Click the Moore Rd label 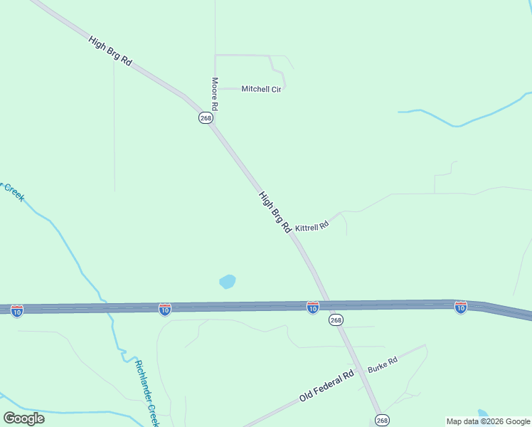click(x=214, y=93)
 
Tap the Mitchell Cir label click(x=262, y=89)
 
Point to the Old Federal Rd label click(x=326, y=386)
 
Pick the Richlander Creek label click(x=146, y=391)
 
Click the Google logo click(x=23, y=418)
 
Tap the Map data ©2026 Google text click(x=488, y=421)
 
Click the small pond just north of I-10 click(x=228, y=282)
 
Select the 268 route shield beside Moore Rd click(x=206, y=118)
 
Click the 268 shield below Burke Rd click(x=383, y=420)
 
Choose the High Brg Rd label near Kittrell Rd click(x=275, y=212)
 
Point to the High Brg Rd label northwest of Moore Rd click(x=110, y=51)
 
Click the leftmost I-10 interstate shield click(x=17, y=310)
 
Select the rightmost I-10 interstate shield click(x=460, y=307)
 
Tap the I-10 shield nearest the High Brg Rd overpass click(x=313, y=307)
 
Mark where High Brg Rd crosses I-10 click(x=329, y=305)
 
